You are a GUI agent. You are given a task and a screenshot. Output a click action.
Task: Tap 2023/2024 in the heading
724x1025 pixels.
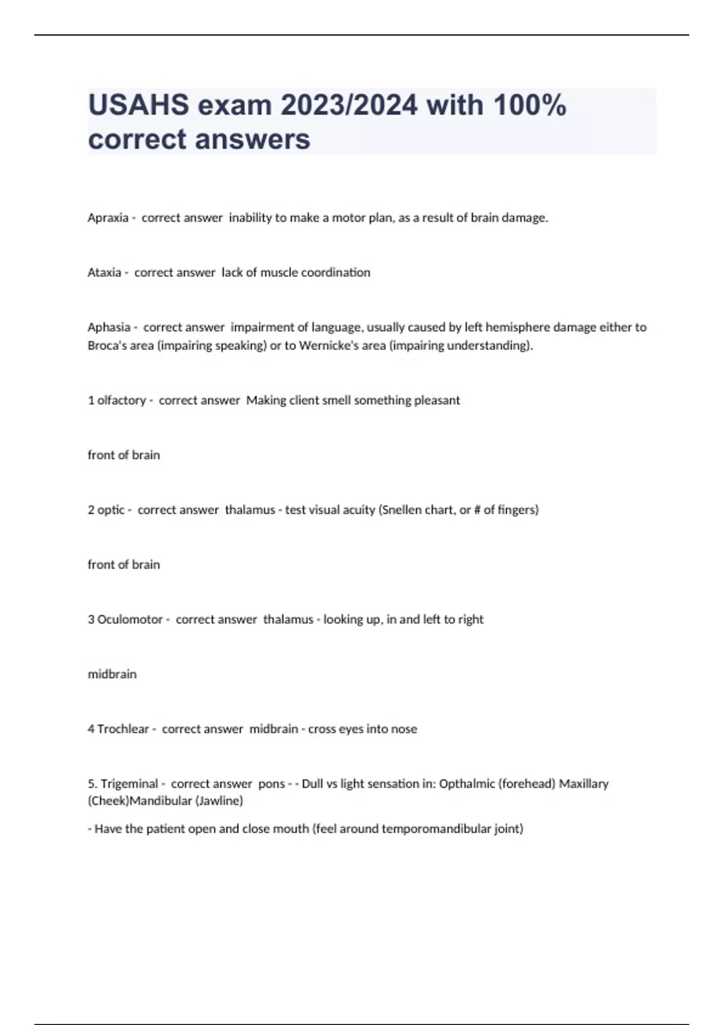349,106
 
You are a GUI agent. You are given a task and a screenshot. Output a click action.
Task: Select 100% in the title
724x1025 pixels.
530,106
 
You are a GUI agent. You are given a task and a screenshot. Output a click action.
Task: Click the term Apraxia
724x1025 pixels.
108,218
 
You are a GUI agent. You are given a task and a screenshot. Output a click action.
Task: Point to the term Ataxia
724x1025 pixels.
104,273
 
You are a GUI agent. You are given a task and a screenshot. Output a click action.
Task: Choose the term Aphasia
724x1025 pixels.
109,327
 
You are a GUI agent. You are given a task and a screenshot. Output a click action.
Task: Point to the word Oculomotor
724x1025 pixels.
130,619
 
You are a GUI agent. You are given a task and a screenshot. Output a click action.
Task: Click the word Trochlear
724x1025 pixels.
123,729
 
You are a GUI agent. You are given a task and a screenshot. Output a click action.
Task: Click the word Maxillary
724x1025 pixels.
583,784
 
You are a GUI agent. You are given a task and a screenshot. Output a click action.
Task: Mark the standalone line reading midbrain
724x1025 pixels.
112,674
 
